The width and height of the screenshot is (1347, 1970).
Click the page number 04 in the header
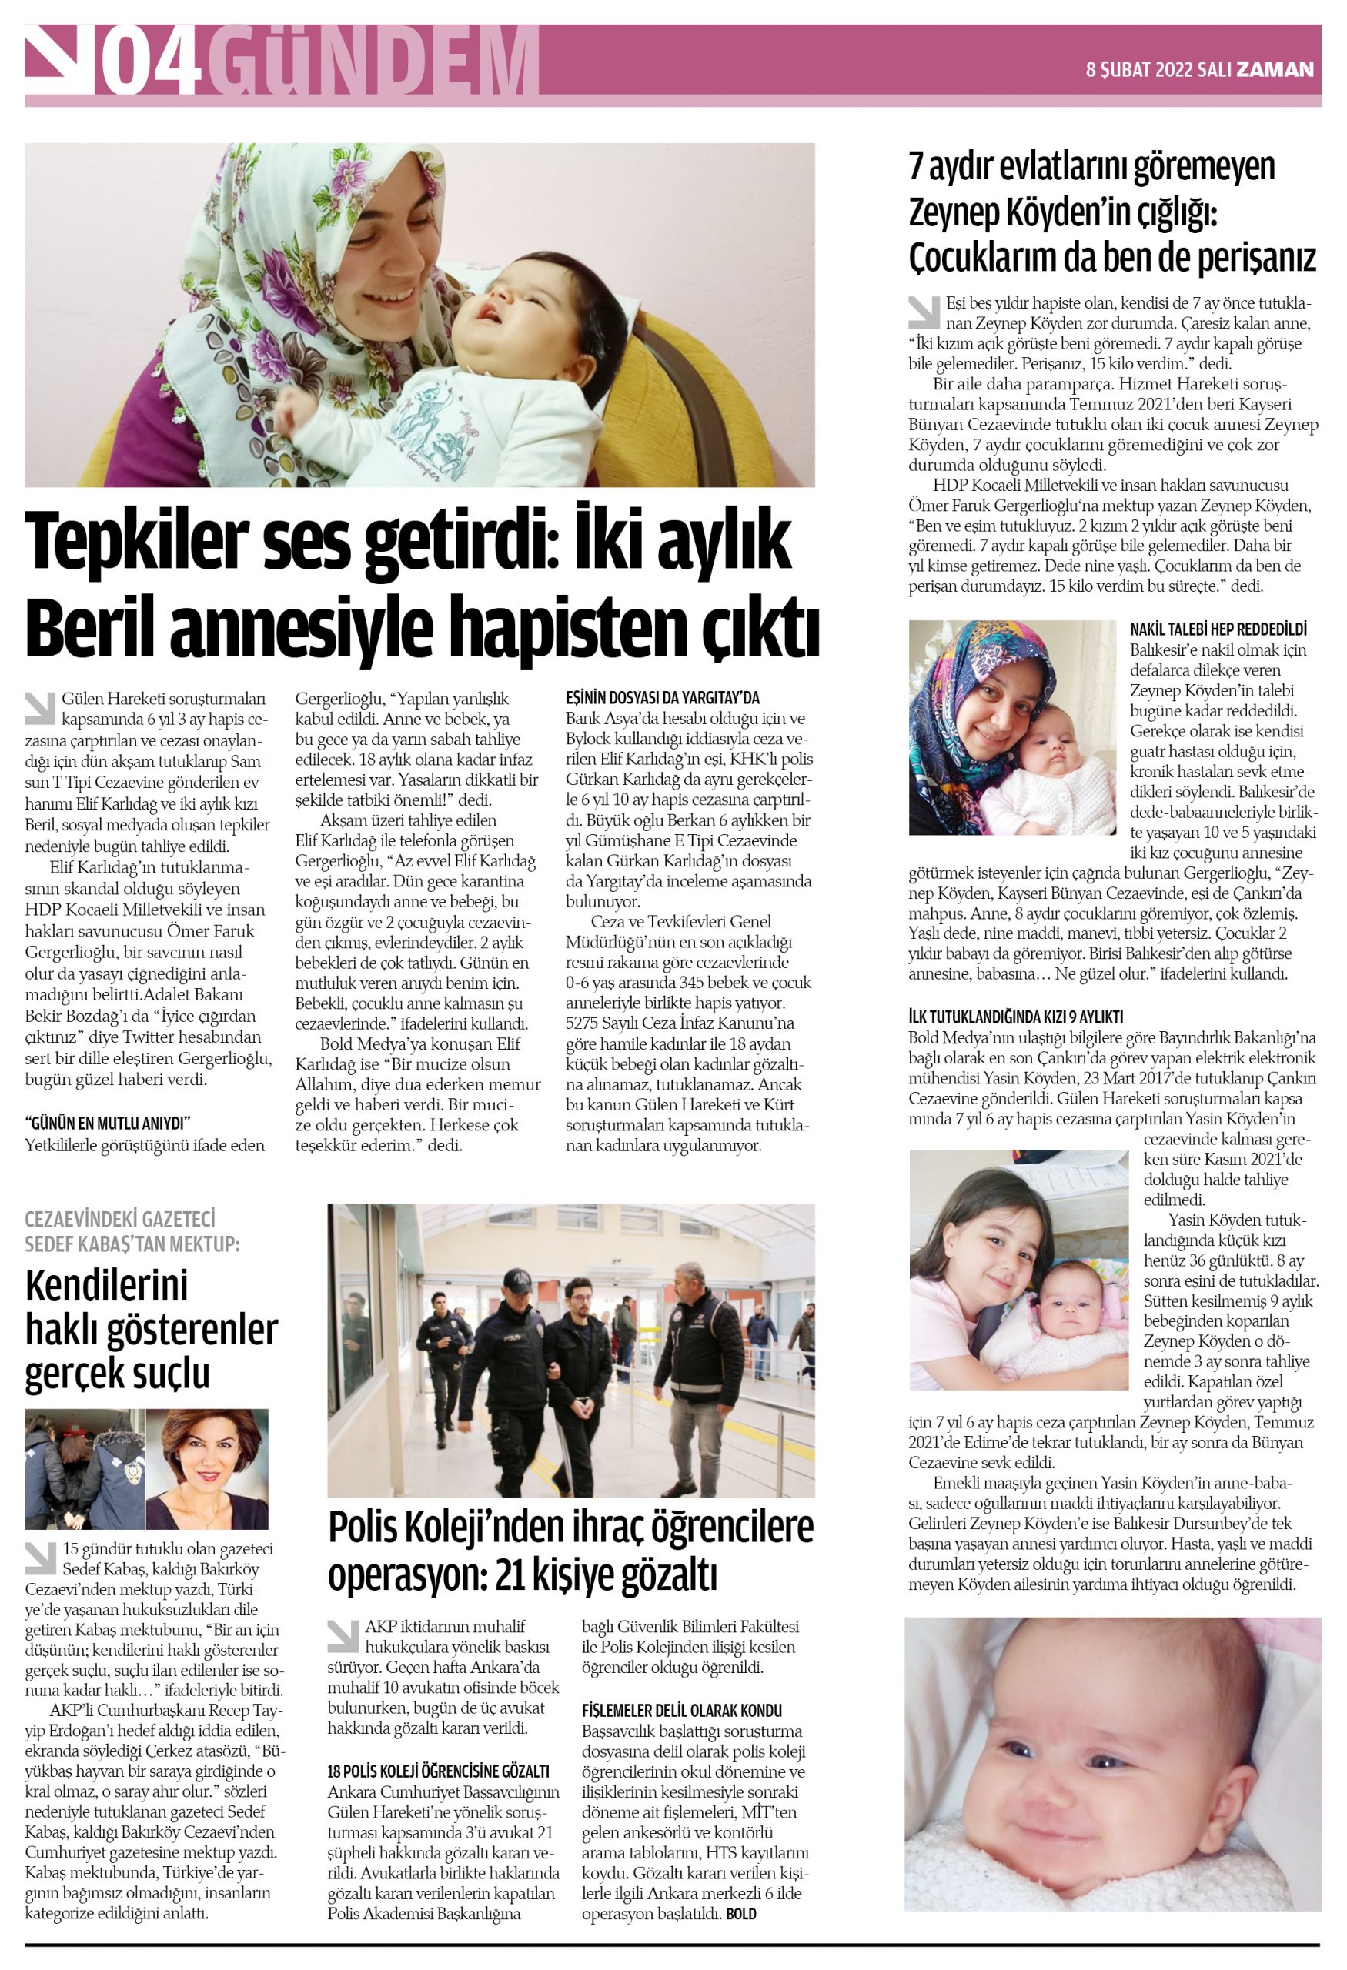(152, 62)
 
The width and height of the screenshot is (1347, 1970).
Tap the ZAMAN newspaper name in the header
(1275, 69)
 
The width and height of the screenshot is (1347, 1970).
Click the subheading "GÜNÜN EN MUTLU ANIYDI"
(108, 1124)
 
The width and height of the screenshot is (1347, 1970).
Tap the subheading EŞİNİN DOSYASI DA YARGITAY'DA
(662, 699)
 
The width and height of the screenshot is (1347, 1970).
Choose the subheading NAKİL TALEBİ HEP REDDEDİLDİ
(1218, 629)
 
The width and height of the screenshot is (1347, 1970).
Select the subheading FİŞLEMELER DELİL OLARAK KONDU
(681, 1711)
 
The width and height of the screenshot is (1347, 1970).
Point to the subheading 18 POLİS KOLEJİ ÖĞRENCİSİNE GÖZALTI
(438, 1771)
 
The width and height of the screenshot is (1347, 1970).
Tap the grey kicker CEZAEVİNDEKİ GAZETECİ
(119, 1219)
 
